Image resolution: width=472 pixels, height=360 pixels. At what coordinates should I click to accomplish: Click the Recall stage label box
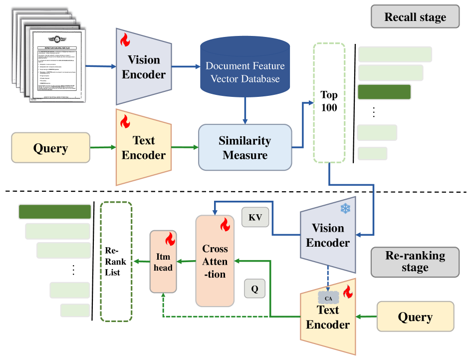point(415,17)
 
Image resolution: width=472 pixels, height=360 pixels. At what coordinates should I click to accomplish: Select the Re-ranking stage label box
point(415,262)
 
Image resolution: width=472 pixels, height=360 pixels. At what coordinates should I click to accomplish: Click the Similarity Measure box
point(244,148)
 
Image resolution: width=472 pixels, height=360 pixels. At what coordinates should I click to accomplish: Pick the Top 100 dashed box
point(329,102)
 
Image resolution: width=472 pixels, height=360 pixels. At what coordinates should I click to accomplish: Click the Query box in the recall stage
point(50,148)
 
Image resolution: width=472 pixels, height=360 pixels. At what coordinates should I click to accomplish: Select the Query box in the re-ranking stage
point(415,317)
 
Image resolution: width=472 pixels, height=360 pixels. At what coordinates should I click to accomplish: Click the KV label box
point(254,217)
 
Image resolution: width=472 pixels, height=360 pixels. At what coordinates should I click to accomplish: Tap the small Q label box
point(254,289)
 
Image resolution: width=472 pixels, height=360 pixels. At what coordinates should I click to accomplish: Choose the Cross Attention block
point(215,261)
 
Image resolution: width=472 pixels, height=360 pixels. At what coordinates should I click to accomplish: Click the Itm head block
point(163,262)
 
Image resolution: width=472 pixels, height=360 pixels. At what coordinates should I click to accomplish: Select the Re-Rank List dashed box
point(116,261)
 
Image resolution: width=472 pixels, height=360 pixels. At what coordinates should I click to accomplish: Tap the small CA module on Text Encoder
point(328,298)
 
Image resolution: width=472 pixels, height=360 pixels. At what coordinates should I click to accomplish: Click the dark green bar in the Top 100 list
point(384,92)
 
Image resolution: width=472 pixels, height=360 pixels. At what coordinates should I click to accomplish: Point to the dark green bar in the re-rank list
point(55,212)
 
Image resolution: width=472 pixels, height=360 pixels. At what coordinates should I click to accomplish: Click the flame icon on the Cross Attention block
point(224,226)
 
